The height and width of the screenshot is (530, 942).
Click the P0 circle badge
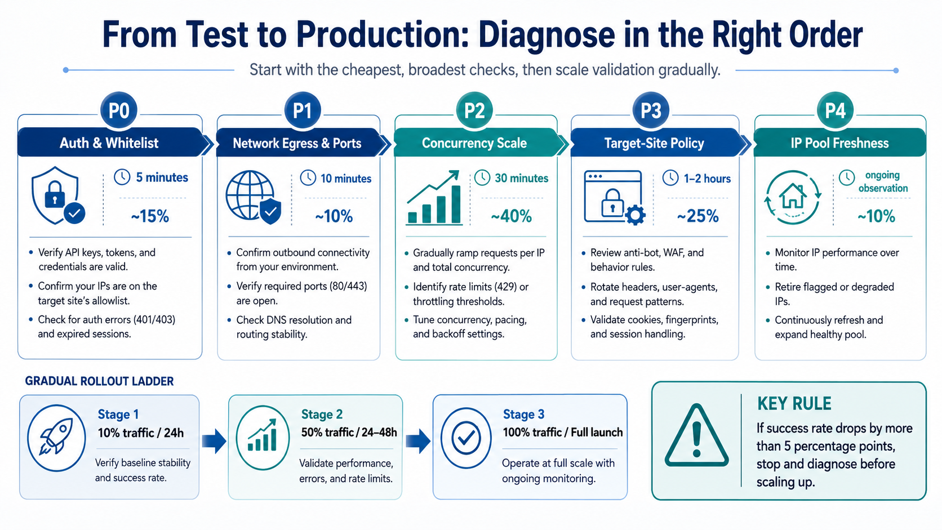[118, 110]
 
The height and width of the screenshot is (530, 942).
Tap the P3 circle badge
[651, 110]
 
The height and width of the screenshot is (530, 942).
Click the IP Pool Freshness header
[839, 143]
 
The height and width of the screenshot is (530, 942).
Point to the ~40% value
[511, 216]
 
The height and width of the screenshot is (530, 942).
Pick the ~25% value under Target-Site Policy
[697, 216]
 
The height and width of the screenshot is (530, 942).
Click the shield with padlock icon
[57, 195]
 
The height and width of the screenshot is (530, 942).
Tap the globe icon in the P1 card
[253, 196]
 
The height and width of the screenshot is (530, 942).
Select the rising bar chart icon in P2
[434, 198]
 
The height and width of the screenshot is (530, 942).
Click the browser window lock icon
[615, 197]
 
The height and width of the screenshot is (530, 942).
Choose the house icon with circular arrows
[793, 197]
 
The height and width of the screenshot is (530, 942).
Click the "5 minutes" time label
[162, 177]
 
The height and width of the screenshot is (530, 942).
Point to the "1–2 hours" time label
[707, 179]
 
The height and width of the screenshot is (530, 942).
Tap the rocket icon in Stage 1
[56, 438]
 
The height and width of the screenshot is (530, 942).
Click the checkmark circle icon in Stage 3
[466, 438]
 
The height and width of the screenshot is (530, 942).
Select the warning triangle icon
[696, 435]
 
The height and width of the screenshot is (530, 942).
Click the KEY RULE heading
[794, 403]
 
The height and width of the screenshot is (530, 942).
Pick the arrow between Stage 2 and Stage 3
[418, 441]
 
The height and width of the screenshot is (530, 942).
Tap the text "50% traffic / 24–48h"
[349, 433]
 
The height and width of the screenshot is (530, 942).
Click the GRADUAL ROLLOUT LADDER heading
[99, 381]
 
